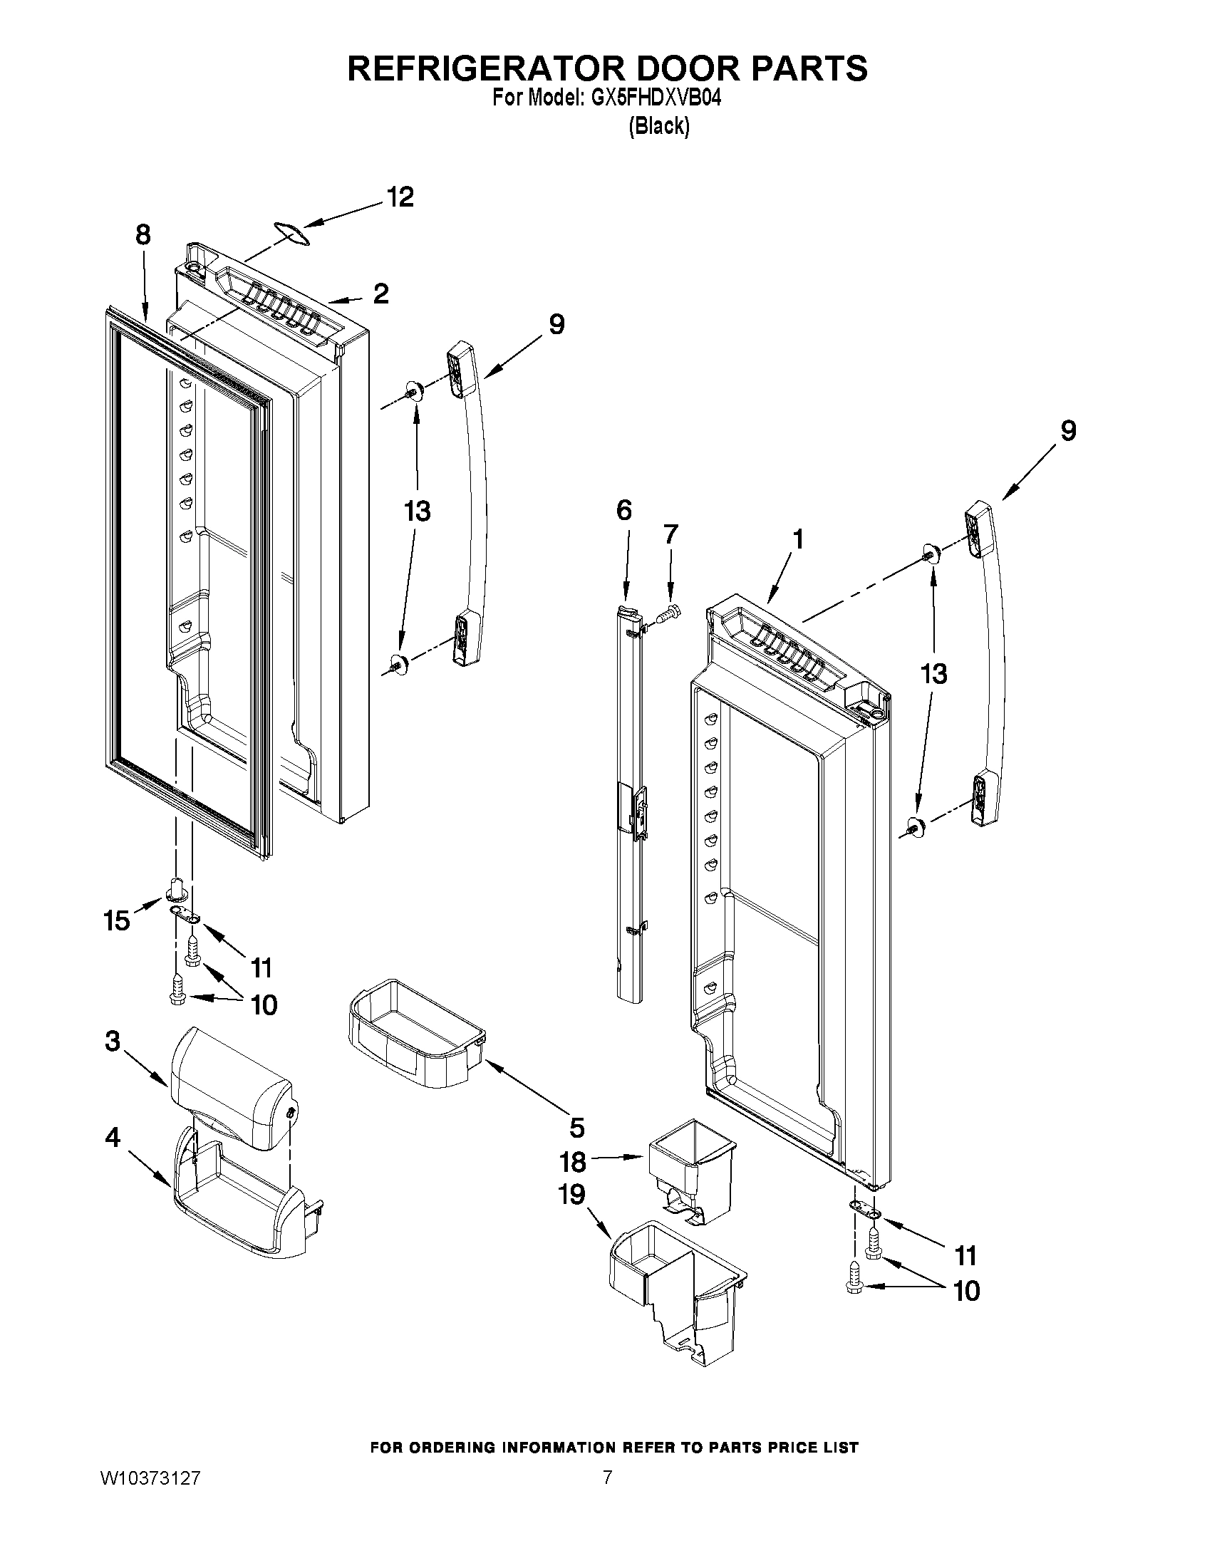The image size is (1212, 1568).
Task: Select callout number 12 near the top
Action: click(400, 197)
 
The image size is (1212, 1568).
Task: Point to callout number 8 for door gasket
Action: click(143, 235)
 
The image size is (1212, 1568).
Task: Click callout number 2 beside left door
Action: click(380, 293)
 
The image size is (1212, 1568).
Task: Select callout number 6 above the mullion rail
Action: click(624, 511)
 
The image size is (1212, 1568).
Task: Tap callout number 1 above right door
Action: click(797, 539)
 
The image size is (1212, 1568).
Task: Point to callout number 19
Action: click(572, 1195)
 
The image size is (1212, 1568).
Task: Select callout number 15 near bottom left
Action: click(116, 920)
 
